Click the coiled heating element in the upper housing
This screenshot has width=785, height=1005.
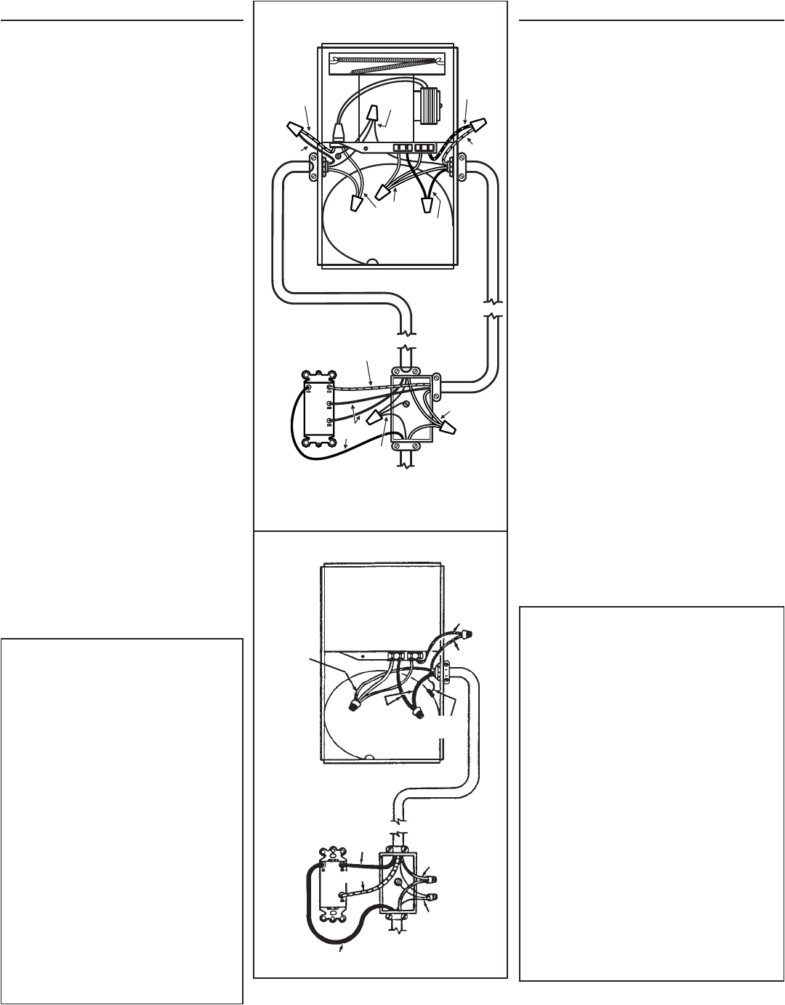pos(386,64)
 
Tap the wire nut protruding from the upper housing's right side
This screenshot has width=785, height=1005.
pos(479,125)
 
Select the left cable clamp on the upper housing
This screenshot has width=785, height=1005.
pos(315,166)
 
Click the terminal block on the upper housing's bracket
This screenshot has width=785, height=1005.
pos(414,148)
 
